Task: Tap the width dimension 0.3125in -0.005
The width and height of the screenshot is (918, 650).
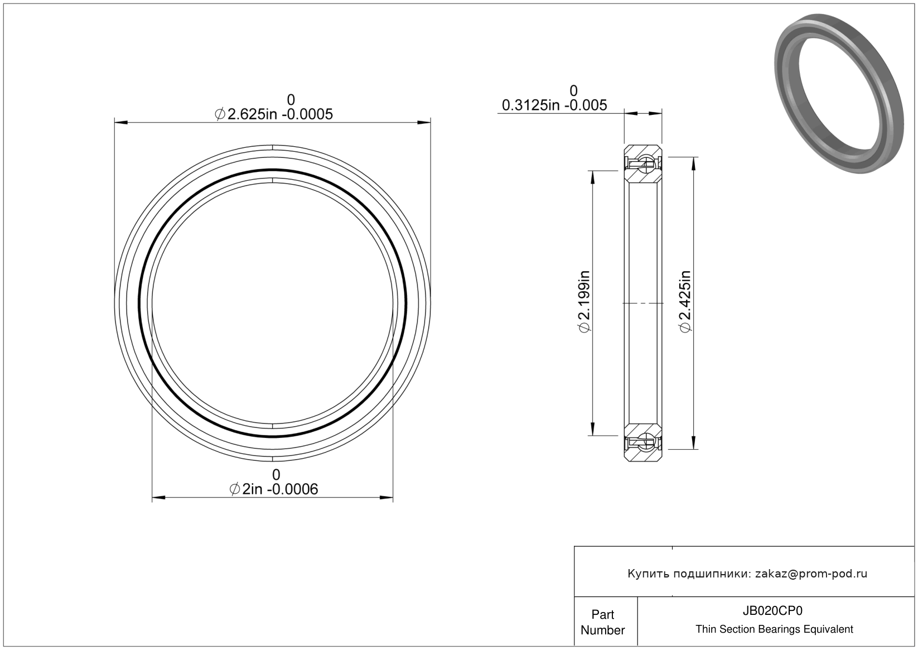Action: [x=554, y=105]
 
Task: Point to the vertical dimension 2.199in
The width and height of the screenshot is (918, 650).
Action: [x=583, y=301]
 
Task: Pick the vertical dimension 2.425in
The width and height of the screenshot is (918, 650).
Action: [x=685, y=301]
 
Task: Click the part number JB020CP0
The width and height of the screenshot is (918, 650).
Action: [x=772, y=610]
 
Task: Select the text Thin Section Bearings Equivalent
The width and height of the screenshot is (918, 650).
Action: [x=774, y=629]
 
